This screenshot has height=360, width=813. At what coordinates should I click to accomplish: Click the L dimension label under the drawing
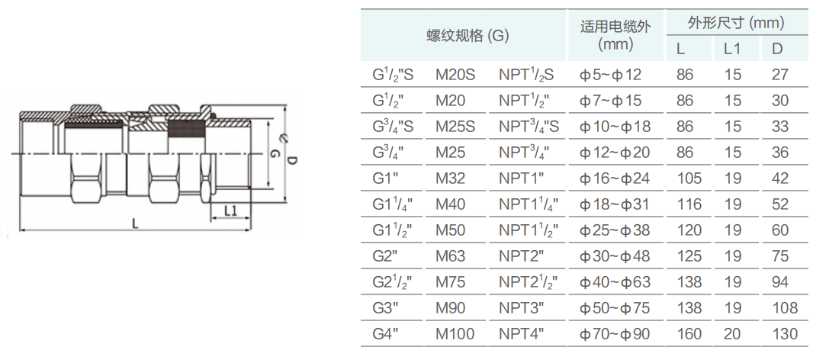(x=135, y=223)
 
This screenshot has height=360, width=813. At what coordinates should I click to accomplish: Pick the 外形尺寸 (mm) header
(x=736, y=23)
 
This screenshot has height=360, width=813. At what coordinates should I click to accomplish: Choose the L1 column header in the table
(x=732, y=49)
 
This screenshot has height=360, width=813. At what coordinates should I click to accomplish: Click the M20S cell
(x=455, y=75)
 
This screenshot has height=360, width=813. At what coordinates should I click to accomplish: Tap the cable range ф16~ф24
(x=614, y=178)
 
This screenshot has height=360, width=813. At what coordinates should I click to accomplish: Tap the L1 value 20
(x=732, y=334)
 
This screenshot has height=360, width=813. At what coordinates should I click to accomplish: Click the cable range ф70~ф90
(x=614, y=334)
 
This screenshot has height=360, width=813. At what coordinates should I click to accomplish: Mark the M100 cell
(x=455, y=334)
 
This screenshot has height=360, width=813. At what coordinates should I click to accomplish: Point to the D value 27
(x=780, y=75)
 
